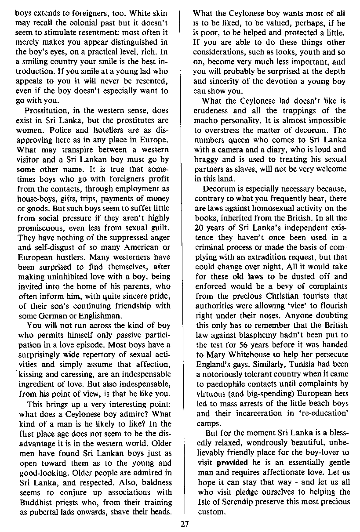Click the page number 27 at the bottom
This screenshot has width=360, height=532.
[184, 523]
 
